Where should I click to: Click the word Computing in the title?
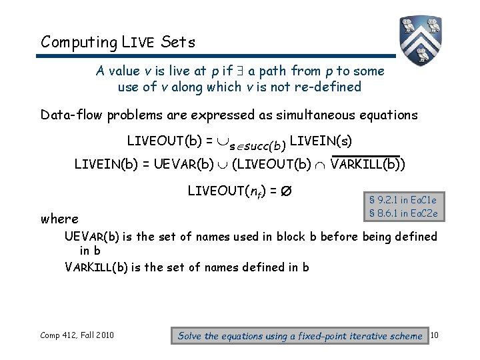tap(79, 42)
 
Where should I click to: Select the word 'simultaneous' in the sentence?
tap(299, 115)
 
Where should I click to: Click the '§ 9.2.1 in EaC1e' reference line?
tap(403, 199)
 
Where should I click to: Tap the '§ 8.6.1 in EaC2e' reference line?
tap(403, 213)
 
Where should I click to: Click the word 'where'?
tap(59, 219)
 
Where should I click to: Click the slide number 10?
tap(433, 335)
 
